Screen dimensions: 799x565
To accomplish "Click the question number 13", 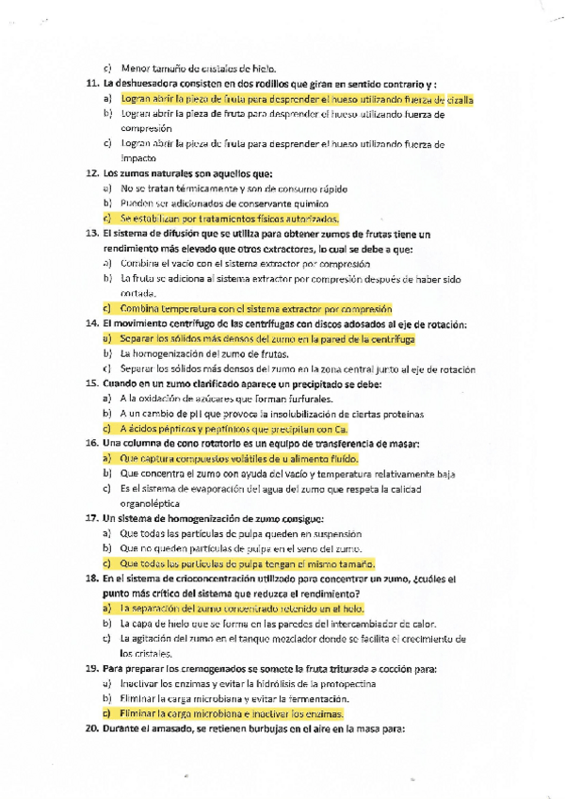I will [x=91, y=233].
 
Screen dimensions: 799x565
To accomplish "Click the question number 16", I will [x=91, y=443].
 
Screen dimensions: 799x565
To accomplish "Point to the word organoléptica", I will [x=153, y=504].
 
